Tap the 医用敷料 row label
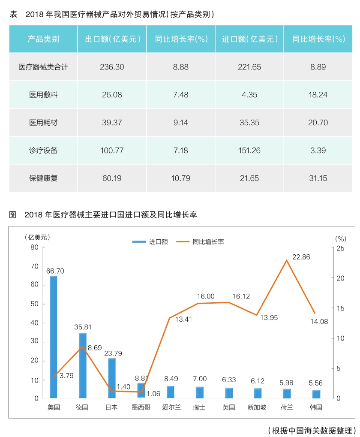click(43, 95)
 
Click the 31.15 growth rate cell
click(318, 178)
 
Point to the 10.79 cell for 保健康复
click(180, 178)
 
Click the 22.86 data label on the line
click(301, 257)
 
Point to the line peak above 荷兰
click(286, 260)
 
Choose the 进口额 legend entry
click(150, 242)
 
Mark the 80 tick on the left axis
click(34, 247)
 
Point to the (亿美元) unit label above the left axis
click(37, 237)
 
